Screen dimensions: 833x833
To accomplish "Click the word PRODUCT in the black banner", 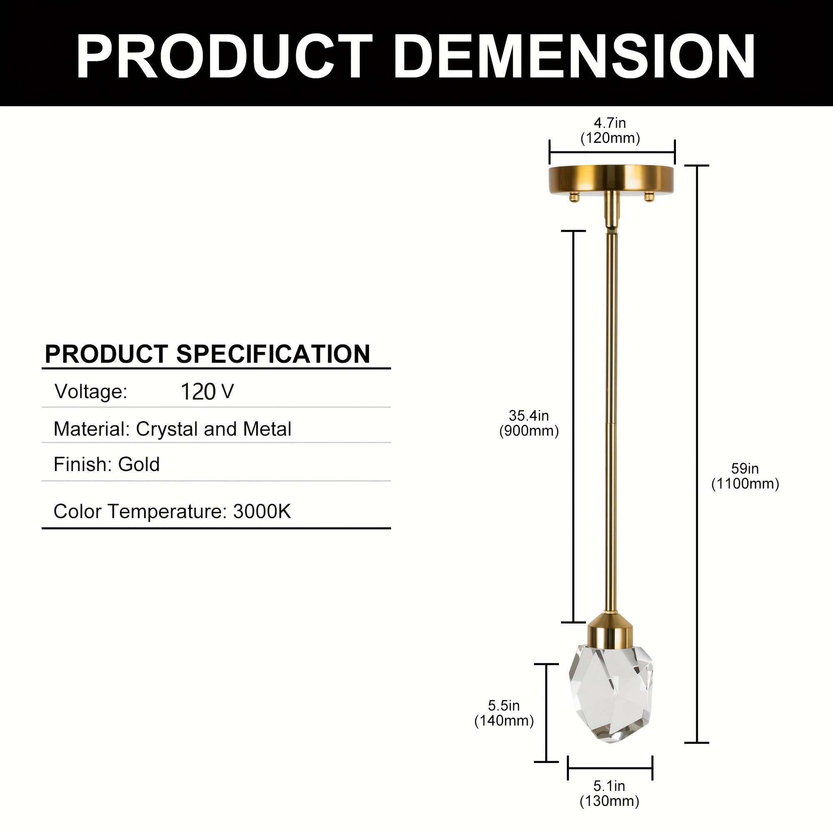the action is (224, 56).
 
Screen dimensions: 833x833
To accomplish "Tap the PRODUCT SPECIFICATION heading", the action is (207, 354).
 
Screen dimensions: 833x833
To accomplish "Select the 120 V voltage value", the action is (207, 392).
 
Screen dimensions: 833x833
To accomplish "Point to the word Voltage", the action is (90, 392).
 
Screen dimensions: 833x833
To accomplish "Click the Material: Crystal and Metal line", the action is (172, 429).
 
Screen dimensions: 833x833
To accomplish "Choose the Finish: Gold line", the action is (107, 465).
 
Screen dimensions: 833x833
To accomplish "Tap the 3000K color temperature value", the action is (262, 511).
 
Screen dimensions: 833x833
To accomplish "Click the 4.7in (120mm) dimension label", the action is (610, 131).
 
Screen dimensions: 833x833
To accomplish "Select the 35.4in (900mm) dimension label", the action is (529, 424).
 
